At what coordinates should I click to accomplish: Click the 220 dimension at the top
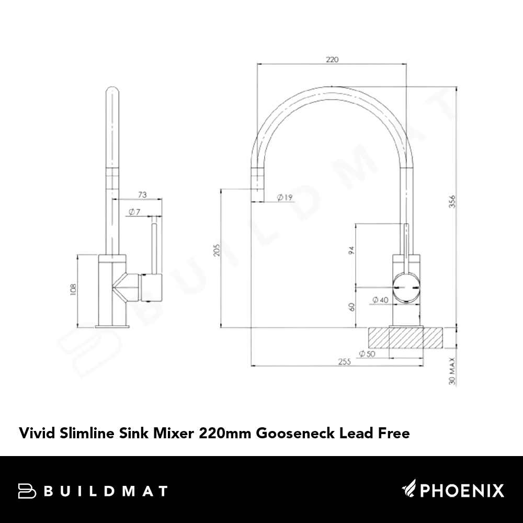(x=332, y=60)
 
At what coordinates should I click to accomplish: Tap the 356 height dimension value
(x=452, y=202)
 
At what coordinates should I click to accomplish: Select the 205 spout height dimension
(x=217, y=250)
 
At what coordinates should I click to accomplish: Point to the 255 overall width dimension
(x=345, y=361)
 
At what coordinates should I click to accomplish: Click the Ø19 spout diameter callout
(x=285, y=198)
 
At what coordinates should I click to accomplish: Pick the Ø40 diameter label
(x=381, y=300)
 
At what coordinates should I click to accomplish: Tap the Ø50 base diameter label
(x=367, y=354)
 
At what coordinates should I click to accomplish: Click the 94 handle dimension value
(x=351, y=251)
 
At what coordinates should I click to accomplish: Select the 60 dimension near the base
(x=351, y=307)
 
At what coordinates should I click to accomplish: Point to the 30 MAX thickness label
(x=452, y=371)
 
